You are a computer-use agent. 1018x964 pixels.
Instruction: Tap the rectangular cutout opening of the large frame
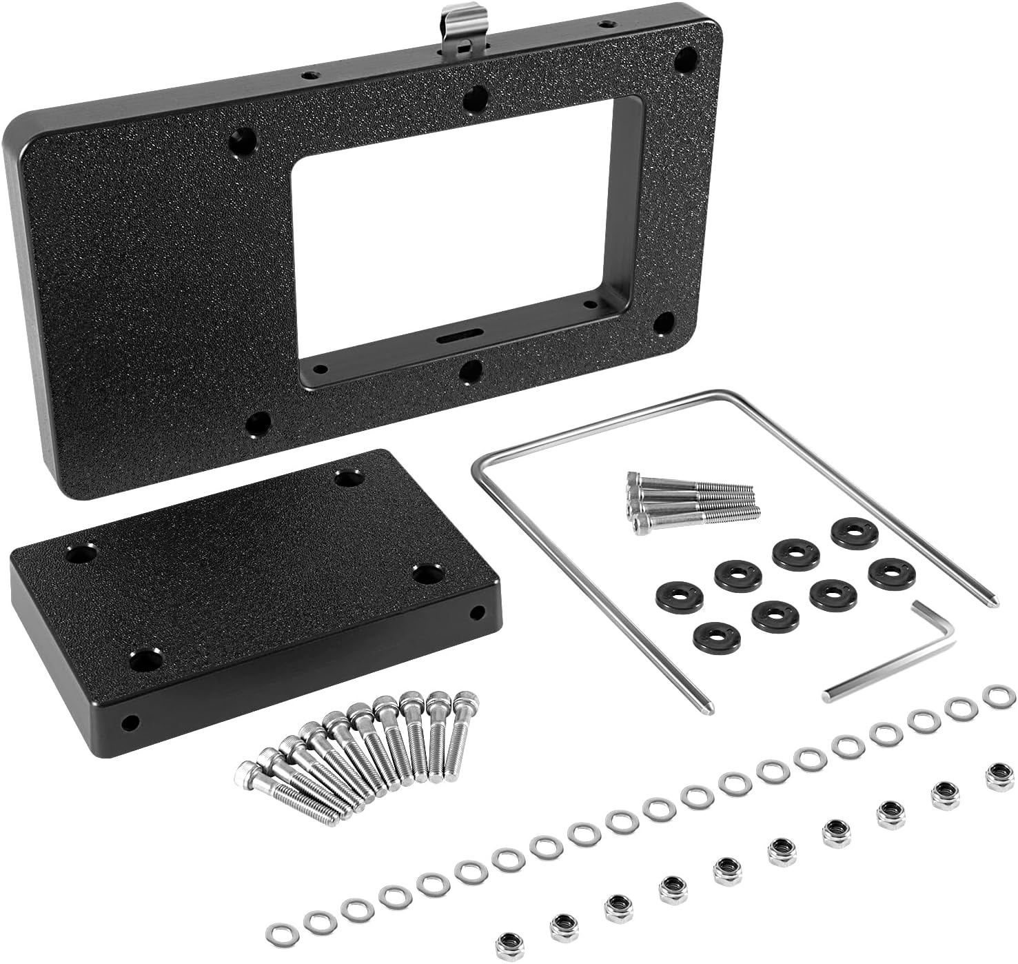455,228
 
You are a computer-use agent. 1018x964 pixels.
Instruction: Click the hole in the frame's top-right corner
685,59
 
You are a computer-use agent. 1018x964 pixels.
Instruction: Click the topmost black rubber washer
855,532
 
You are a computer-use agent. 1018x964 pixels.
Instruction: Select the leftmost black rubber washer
680,594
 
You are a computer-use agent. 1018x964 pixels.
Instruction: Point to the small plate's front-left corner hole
146,660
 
